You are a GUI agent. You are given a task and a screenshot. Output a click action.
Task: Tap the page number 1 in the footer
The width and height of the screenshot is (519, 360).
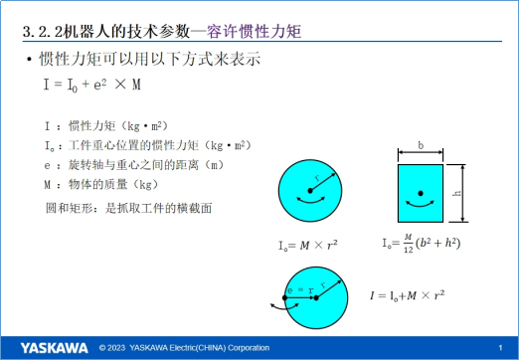tap(499, 347)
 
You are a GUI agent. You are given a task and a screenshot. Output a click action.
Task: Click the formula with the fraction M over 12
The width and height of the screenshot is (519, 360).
tap(422, 242)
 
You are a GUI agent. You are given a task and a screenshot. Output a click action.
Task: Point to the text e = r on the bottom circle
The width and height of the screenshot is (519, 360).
tap(298, 290)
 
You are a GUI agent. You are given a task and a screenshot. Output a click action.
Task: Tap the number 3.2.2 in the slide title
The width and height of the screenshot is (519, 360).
tap(49, 34)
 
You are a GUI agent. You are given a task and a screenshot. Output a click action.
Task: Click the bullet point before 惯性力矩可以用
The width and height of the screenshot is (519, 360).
tap(28, 60)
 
